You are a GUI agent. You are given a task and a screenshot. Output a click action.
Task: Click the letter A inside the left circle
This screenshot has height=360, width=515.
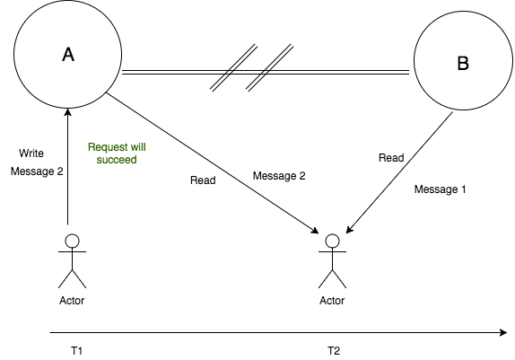coord(68,54)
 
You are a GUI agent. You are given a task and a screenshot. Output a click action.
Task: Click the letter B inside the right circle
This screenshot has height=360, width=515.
coord(463,63)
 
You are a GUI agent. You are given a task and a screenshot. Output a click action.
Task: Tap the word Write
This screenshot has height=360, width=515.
coord(31,154)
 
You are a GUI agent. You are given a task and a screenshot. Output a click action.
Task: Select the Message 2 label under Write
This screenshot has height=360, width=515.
coord(37,171)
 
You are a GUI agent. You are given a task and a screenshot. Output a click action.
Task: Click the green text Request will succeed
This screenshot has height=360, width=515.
coord(117,154)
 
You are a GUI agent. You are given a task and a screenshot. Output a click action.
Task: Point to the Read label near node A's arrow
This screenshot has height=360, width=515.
coord(203,180)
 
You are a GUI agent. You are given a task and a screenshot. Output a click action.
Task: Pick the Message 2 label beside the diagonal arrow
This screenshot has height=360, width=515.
coord(279,176)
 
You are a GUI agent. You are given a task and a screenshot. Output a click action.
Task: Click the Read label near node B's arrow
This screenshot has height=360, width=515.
coord(391,158)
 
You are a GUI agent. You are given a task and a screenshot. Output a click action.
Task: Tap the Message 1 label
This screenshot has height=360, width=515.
coord(441,189)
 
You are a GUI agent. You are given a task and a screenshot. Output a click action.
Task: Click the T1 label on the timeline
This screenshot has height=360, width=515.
coord(77,351)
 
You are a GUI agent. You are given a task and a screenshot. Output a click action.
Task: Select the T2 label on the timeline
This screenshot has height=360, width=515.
coord(334,351)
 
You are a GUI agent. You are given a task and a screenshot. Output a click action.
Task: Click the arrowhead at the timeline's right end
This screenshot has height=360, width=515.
coord(503,333)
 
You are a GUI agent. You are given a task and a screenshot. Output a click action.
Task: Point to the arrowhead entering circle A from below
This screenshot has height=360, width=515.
coord(68,112)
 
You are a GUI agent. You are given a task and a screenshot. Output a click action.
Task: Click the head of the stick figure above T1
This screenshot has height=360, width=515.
coord(73,241)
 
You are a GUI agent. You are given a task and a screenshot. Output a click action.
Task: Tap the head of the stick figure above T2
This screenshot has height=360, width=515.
coord(332,241)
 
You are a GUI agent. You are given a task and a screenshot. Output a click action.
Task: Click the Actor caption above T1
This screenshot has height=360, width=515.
coord(72,301)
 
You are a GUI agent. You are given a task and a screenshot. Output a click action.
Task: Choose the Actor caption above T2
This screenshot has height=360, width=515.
coord(332,301)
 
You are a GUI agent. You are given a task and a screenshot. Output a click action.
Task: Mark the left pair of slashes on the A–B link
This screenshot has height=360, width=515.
coord(234,67)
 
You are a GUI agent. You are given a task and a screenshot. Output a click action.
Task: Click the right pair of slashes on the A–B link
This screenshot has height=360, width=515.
coord(270,67)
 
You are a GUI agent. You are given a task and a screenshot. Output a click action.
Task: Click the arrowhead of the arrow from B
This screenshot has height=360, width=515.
coord(350,230)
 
